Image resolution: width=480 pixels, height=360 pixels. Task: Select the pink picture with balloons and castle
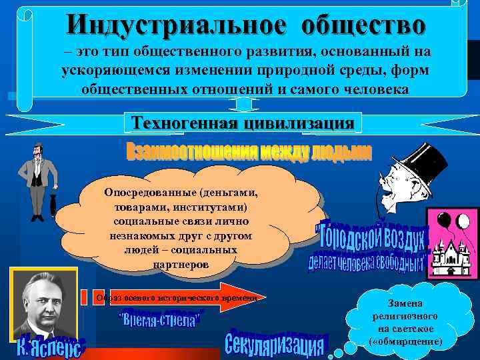453,243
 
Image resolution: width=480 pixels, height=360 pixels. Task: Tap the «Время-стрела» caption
160,318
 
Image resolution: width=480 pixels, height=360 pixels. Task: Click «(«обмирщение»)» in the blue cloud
405,341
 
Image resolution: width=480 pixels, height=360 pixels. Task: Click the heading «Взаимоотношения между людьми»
249,153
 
